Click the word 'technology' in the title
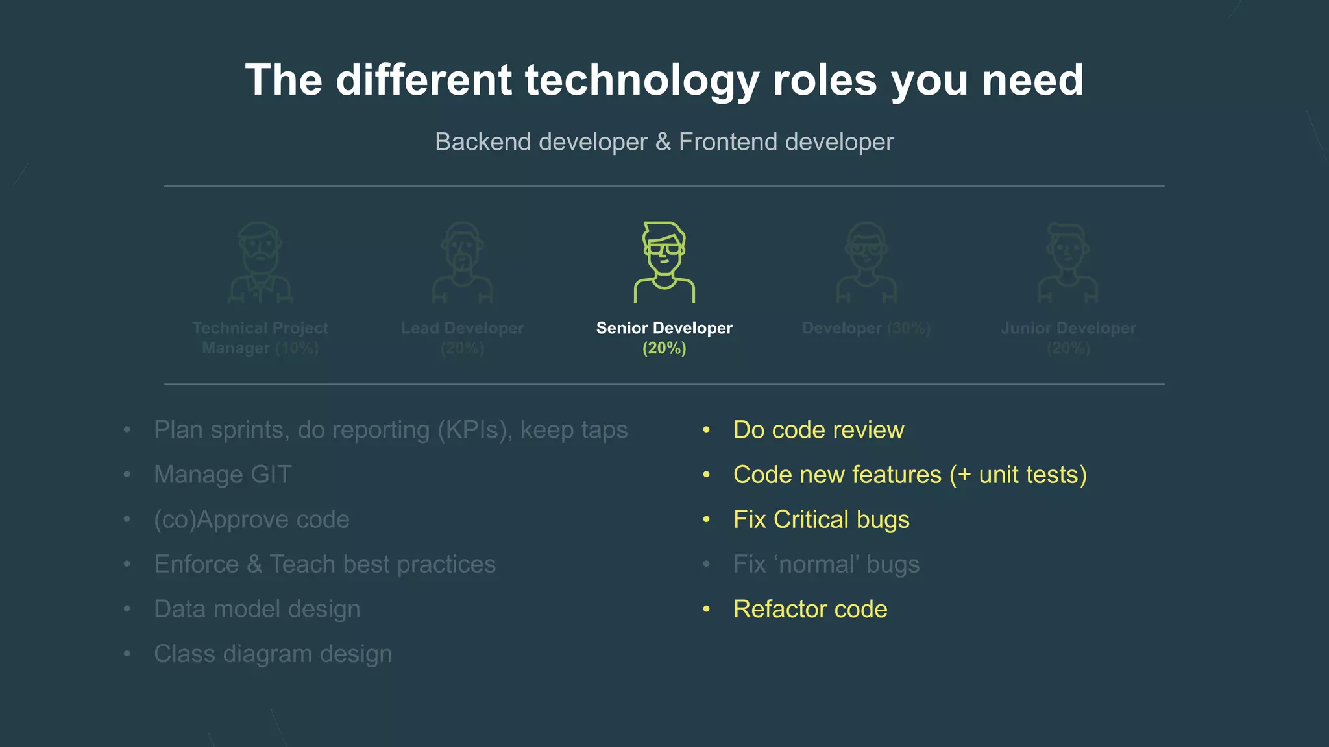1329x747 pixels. [641, 80]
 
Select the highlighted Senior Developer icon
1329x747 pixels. [664, 263]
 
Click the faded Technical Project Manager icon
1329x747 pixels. [260, 263]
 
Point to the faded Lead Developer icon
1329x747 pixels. [462, 263]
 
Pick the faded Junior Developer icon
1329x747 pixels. [1068, 263]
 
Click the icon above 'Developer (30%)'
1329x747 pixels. [866, 263]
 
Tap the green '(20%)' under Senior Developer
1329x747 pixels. [664, 348]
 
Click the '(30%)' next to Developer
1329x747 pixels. [908, 328]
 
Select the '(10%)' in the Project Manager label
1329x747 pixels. [297, 348]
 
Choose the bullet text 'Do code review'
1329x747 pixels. [818, 430]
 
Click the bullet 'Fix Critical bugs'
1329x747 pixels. [821, 519]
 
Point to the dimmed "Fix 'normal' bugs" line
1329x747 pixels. [826, 564]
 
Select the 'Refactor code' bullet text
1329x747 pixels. [810, 609]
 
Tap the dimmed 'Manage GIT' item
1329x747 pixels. [223, 475]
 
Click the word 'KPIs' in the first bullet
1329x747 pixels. [474, 430]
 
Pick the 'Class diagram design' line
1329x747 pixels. [273, 654]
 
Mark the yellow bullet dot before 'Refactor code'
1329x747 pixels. [707, 609]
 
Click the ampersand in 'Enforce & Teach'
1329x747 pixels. [254, 564]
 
